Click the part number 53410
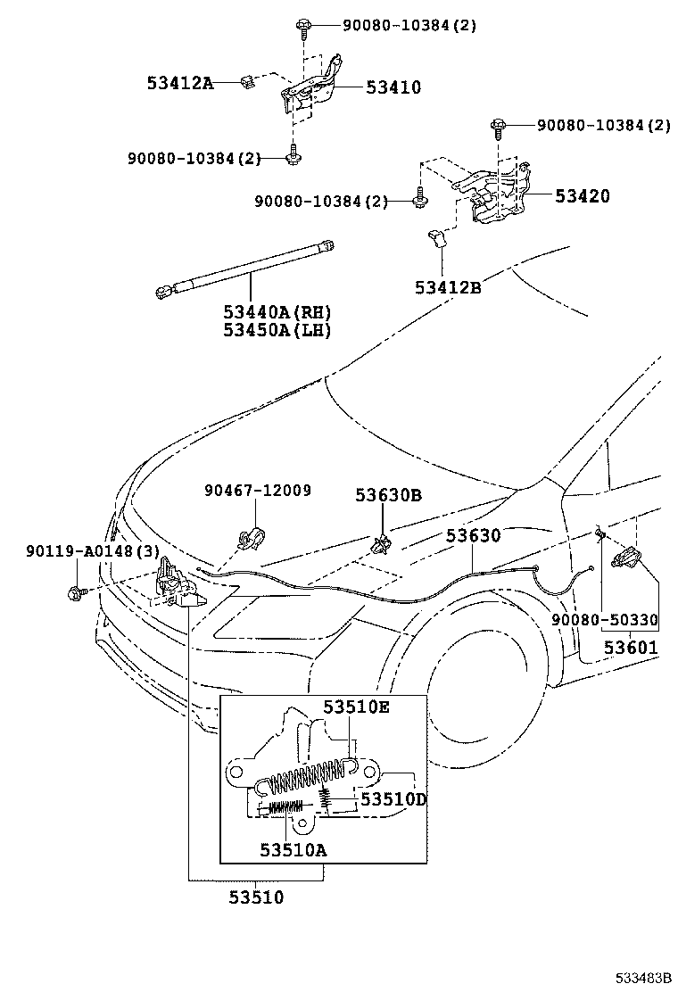(x=393, y=87)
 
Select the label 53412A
(x=180, y=84)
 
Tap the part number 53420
(x=583, y=196)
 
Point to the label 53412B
(x=448, y=287)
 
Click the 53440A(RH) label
(x=277, y=312)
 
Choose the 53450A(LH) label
(x=277, y=330)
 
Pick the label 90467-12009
(x=257, y=491)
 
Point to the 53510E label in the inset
(x=357, y=707)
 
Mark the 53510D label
(x=393, y=799)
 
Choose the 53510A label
(x=294, y=850)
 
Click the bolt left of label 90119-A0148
(x=75, y=591)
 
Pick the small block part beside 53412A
(x=248, y=83)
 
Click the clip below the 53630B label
(x=382, y=543)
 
